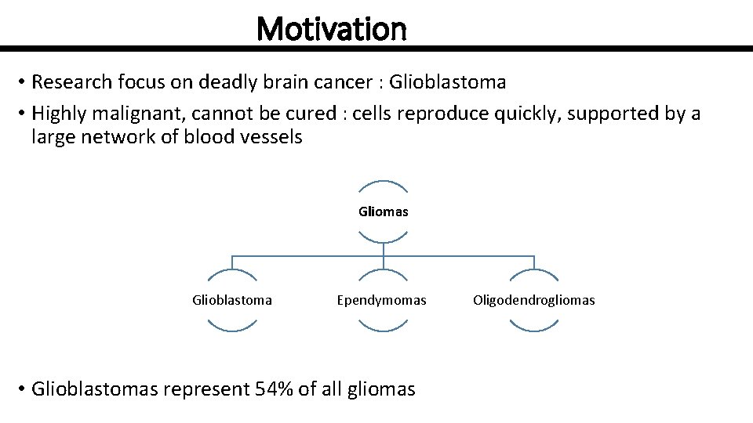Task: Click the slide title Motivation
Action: tap(331, 30)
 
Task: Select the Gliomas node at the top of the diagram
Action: tap(383, 211)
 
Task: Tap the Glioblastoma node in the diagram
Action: tap(232, 300)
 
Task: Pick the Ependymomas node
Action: tap(382, 300)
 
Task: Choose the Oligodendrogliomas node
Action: tap(533, 300)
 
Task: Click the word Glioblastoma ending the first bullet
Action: tap(447, 82)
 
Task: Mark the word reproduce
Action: tap(445, 114)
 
